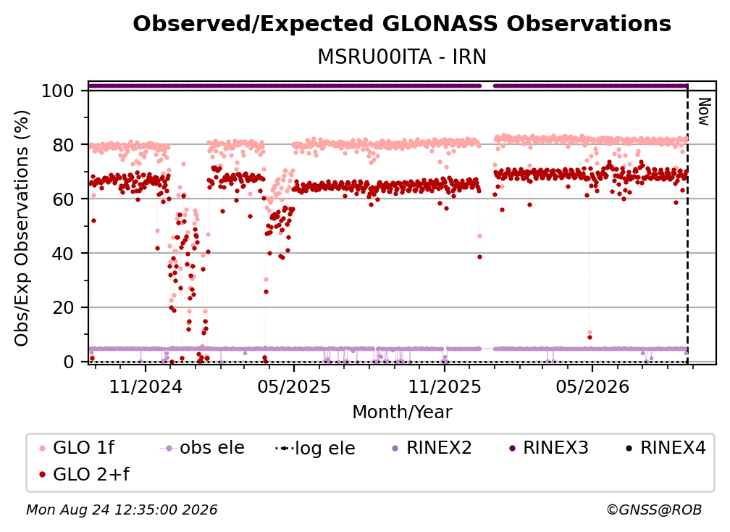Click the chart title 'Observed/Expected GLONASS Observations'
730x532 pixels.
pyautogui.click(x=402, y=24)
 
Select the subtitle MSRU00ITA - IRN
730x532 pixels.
pyautogui.click(x=402, y=57)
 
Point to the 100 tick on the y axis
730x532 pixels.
pyautogui.click(x=58, y=91)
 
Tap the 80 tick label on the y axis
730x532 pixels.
pyautogui.click(x=63, y=145)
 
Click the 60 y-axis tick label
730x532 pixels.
pyautogui.click(x=63, y=199)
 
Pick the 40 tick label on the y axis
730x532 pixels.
pyautogui.click(x=63, y=254)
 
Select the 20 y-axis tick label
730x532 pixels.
pyautogui.click(x=63, y=308)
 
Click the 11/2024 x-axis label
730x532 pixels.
pyautogui.click(x=146, y=386)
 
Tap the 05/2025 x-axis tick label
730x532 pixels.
pyautogui.click(x=294, y=386)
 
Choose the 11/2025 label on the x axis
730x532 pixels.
pyautogui.click(x=445, y=386)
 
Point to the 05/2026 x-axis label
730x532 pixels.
pyautogui.click(x=592, y=386)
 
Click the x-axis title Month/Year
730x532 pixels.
pyautogui.click(x=402, y=412)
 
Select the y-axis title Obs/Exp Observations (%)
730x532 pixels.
pyautogui.click(x=22, y=228)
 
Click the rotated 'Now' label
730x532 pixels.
pyautogui.click(x=704, y=112)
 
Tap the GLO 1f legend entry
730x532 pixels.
pyautogui.click(x=77, y=448)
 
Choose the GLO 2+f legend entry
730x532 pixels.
pyautogui.click(x=84, y=474)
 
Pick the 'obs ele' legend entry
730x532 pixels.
pyautogui.click(x=202, y=448)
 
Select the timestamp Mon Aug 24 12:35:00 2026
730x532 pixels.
pyautogui.click(x=122, y=510)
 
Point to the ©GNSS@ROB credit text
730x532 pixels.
pyautogui.click(x=654, y=510)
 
